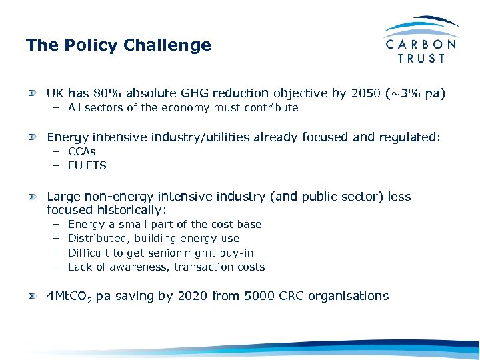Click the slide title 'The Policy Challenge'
[118, 45]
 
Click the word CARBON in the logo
[421, 44]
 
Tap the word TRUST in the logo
[421, 59]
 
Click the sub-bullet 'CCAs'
[81, 151]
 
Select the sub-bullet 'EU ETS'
[87, 165]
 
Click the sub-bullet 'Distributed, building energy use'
[153, 238]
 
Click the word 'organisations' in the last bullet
[351, 296]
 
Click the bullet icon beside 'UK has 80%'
[32, 94]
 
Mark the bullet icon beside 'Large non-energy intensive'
[32, 197]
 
